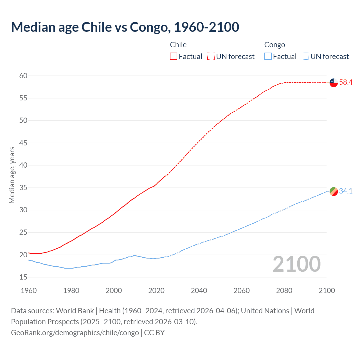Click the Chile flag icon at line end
tap(334, 83)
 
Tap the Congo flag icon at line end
tap(334, 191)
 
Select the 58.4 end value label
tap(346, 82)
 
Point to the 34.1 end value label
tap(346, 191)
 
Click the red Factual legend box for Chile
tap(174, 57)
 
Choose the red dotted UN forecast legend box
tap(211, 57)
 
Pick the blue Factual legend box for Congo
tap(268, 57)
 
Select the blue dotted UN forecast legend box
tap(305, 57)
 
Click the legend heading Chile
tap(178, 45)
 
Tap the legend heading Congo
tap(274, 45)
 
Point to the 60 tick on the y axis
tap(23, 76)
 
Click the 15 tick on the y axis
tap(23, 277)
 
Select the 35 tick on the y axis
tap(23, 188)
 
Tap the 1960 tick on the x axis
tap(29, 291)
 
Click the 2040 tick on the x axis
tap(199, 291)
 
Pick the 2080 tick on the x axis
tap(284, 291)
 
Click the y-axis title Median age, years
tap(12, 175)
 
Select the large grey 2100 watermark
tap(296, 264)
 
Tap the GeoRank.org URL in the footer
tap(75, 332)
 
